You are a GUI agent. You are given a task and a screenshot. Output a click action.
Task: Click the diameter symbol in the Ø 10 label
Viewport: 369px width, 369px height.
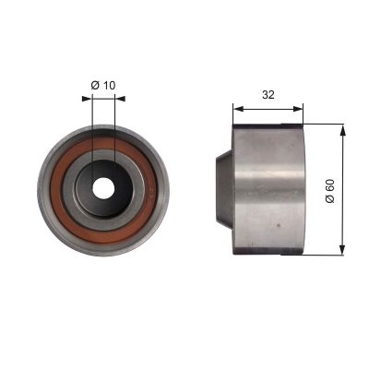pos(95,86)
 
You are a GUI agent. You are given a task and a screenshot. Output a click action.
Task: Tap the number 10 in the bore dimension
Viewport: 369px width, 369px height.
pos(111,86)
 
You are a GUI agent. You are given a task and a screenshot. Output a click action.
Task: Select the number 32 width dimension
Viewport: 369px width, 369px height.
pos(268,93)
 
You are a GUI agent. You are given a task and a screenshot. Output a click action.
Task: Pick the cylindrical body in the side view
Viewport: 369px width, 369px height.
pos(268,188)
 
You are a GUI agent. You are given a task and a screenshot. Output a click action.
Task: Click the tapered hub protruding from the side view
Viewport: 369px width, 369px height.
pos(224,188)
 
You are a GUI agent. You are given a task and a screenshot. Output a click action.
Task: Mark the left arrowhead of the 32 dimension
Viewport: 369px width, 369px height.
pos(236,106)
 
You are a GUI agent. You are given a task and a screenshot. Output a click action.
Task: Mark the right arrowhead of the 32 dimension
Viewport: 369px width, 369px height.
pos(300,106)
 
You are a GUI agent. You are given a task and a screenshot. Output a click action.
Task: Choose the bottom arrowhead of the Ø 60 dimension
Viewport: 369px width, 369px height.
pos(343,249)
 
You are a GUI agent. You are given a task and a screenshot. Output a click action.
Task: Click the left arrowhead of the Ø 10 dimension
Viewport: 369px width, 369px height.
pos(97,99)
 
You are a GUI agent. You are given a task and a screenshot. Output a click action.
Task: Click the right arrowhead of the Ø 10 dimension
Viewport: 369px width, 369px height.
pos(111,99)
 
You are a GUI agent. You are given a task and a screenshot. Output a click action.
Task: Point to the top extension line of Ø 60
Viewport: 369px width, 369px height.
pos(323,124)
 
